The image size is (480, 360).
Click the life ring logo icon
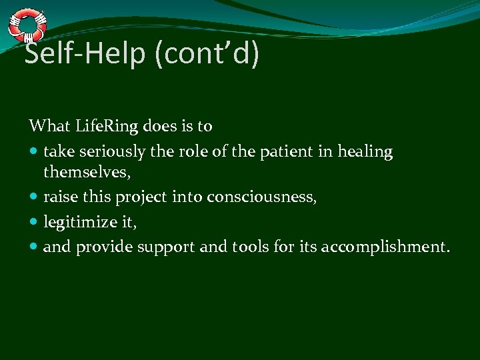[x=27, y=25]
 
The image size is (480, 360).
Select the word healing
[x=364, y=153]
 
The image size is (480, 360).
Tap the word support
[x=167, y=247]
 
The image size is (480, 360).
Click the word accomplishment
[x=385, y=247]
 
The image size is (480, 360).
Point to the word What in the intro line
[x=47, y=126]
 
